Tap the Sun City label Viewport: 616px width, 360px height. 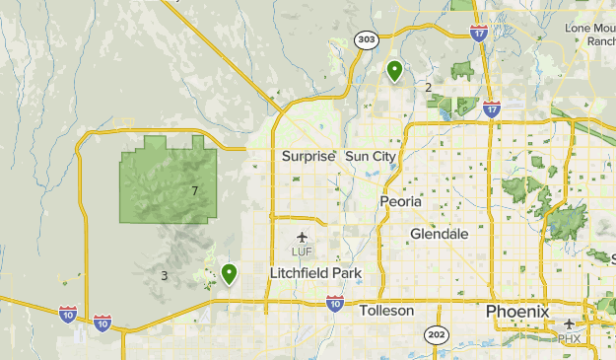click(371, 156)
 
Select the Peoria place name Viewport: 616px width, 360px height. click(400, 201)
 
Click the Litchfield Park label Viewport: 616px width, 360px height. click(316, 272)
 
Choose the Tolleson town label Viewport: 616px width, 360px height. click(387, 310)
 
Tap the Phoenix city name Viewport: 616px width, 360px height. click(517, 311)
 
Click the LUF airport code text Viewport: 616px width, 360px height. click(302, 252)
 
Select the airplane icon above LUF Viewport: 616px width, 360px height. click(302, 238)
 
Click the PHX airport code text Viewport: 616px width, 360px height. click(570, 338)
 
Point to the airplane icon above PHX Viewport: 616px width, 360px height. click(570, 324)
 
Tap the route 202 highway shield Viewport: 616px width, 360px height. click(437, 335)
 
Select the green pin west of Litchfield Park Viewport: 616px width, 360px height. click(229, 273)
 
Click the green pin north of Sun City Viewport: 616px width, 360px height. click(394, 70)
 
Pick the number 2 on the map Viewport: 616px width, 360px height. click(428, 88)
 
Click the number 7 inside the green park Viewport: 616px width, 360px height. click(195, 190)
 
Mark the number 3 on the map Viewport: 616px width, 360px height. click(164, 275)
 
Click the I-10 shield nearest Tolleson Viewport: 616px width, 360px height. click(335, 302)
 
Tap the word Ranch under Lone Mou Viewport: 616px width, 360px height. click(600, 41)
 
